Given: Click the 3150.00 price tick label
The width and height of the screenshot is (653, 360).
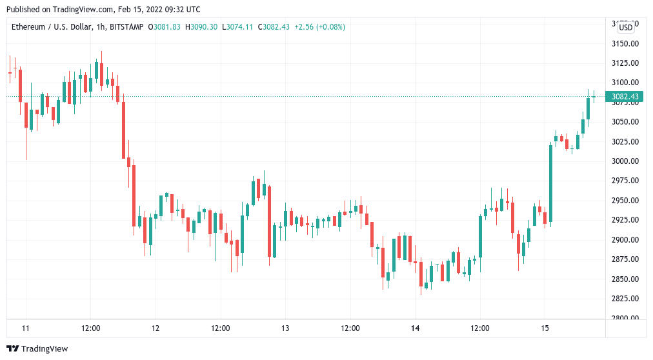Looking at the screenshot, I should pyautogui.click(x=625, y=43).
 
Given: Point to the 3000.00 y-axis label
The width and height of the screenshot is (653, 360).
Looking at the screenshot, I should pyautogui.click(x=625, y=161).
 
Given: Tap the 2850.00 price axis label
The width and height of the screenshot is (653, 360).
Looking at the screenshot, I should pyautogui.click(x=625, y=279).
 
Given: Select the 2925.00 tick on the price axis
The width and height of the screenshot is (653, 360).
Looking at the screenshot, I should pyautogui.click(x=625, y=220).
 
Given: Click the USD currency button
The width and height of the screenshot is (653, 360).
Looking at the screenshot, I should pyautogui.click(x=625, y=27).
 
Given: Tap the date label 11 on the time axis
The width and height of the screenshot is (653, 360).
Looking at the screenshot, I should pyautogui.click(x=26, y=328).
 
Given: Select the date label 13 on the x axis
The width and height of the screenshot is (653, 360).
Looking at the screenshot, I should pyautogui.click(x=285, y=328).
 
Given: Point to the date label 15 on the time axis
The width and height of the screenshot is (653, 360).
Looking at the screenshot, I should pyautogui.click(x=545, y=328).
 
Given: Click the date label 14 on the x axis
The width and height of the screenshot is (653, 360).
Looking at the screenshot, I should pyautogui.click(x=415, y=328).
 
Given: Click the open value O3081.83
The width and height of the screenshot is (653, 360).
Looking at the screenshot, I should pyautogui.click(x=165, y=26).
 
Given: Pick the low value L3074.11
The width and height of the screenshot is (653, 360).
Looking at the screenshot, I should pyautogui.click(x=238, y=26).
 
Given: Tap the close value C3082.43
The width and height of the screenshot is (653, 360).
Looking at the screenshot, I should pyautogui.click(x=274, y=26).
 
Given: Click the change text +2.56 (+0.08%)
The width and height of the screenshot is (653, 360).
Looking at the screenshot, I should pyautogui.click(x=319, y=26).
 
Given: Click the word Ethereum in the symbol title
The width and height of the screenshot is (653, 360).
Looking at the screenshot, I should pyautogui.click(x=28, y=26).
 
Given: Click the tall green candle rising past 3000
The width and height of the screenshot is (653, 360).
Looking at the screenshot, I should pyautogui.click(x=550, y=184).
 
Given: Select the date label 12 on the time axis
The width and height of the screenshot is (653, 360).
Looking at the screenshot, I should pyautogui.click(x=156, y=328).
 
